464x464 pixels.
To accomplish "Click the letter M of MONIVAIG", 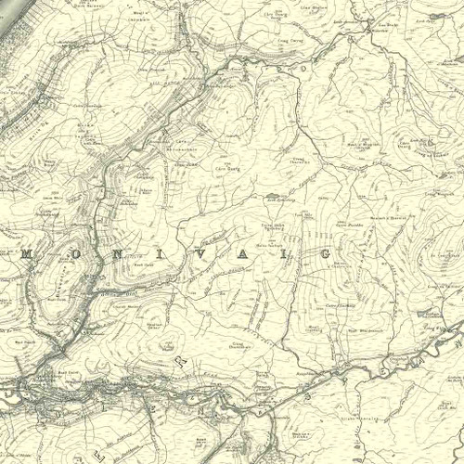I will click(27, 252).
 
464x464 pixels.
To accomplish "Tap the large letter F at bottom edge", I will click(97, 457).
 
